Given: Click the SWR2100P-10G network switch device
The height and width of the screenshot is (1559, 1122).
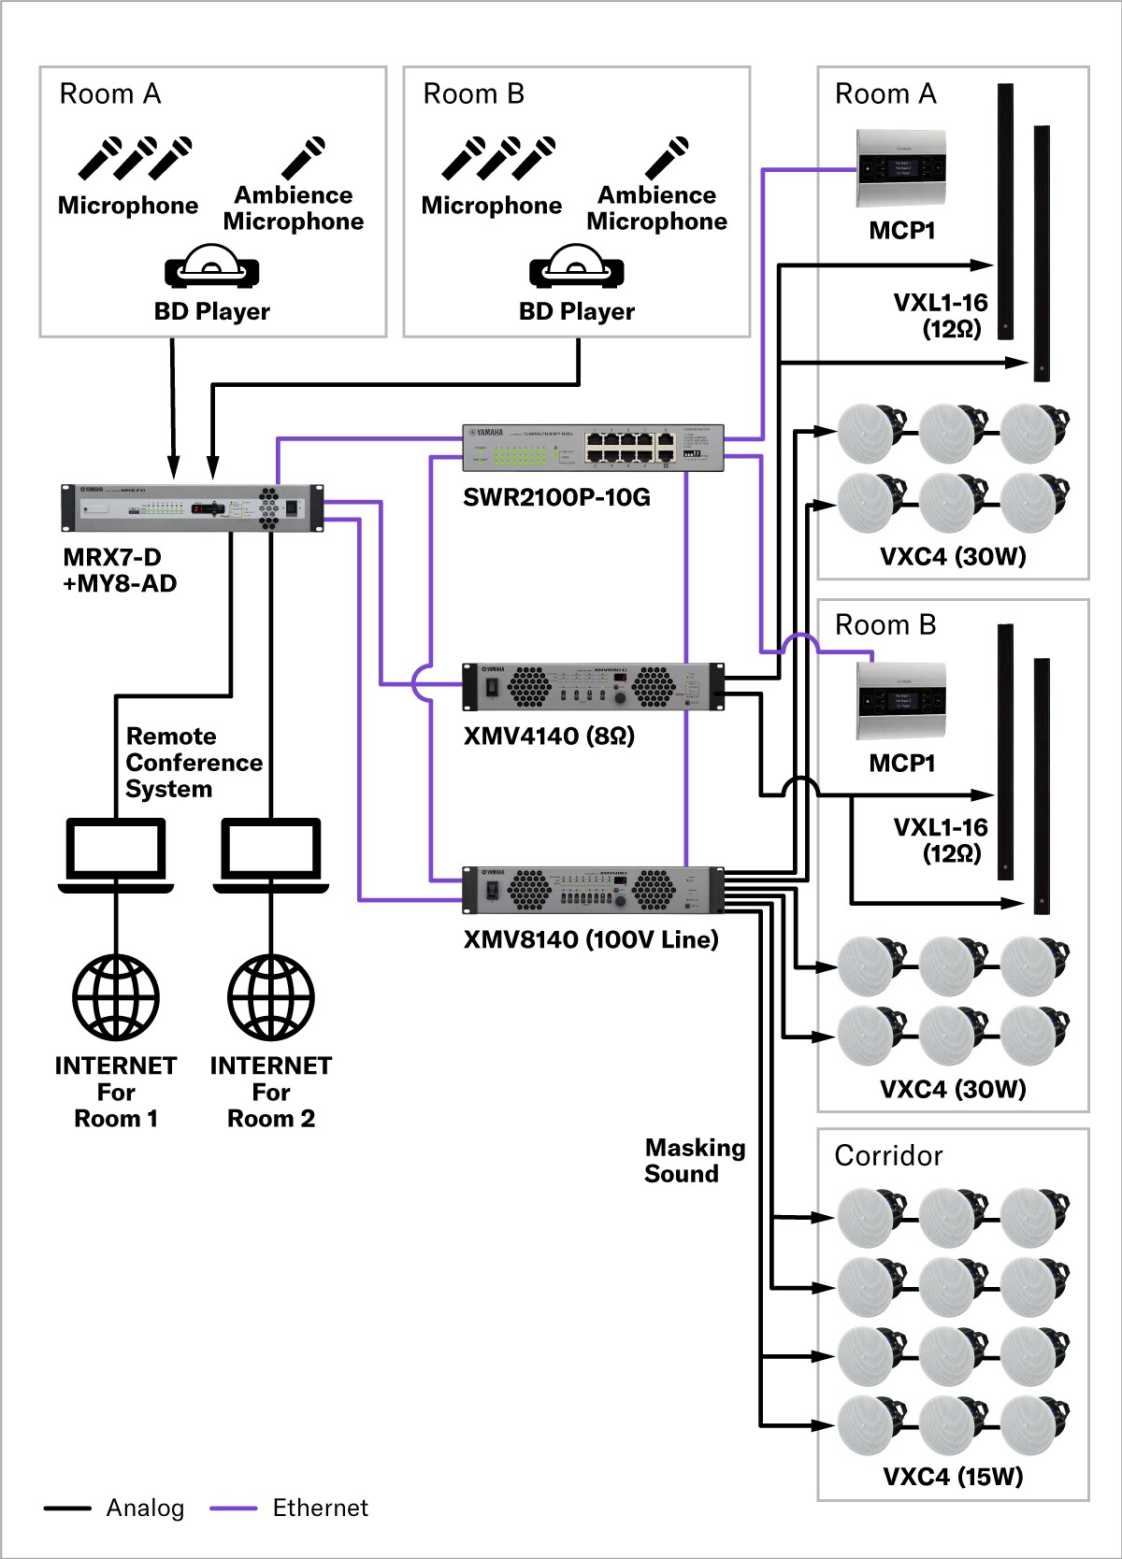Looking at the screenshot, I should [593, 448].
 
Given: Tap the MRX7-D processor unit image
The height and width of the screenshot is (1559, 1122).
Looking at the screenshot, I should [192, 508].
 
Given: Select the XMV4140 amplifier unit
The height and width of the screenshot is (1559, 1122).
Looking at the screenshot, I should [593, 687].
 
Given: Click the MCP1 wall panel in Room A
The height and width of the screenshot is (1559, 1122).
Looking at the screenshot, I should [901, 168].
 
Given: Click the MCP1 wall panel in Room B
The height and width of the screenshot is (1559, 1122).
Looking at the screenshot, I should [901, 701].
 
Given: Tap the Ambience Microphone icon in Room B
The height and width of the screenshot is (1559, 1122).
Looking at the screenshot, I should [668, 158].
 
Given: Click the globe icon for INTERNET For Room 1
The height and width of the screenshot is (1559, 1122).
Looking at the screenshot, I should [116, 997].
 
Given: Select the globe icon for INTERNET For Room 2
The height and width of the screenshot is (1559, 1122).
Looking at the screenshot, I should [271, 997].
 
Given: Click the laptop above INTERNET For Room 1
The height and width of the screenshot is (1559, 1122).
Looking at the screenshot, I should [116, 855].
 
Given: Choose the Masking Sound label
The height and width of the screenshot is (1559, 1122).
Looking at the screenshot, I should [695, 1161].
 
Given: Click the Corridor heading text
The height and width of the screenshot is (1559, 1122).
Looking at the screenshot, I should [888, 1156].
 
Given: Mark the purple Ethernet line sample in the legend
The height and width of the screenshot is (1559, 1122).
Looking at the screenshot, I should [233, 1508].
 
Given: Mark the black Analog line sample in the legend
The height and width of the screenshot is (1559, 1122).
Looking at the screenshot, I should [67, 1508].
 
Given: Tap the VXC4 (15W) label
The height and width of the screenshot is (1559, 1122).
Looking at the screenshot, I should [953, 1477].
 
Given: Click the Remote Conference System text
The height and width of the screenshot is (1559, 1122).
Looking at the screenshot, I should [194, 763].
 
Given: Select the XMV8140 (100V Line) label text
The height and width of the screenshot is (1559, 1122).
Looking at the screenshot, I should [591, 939].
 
